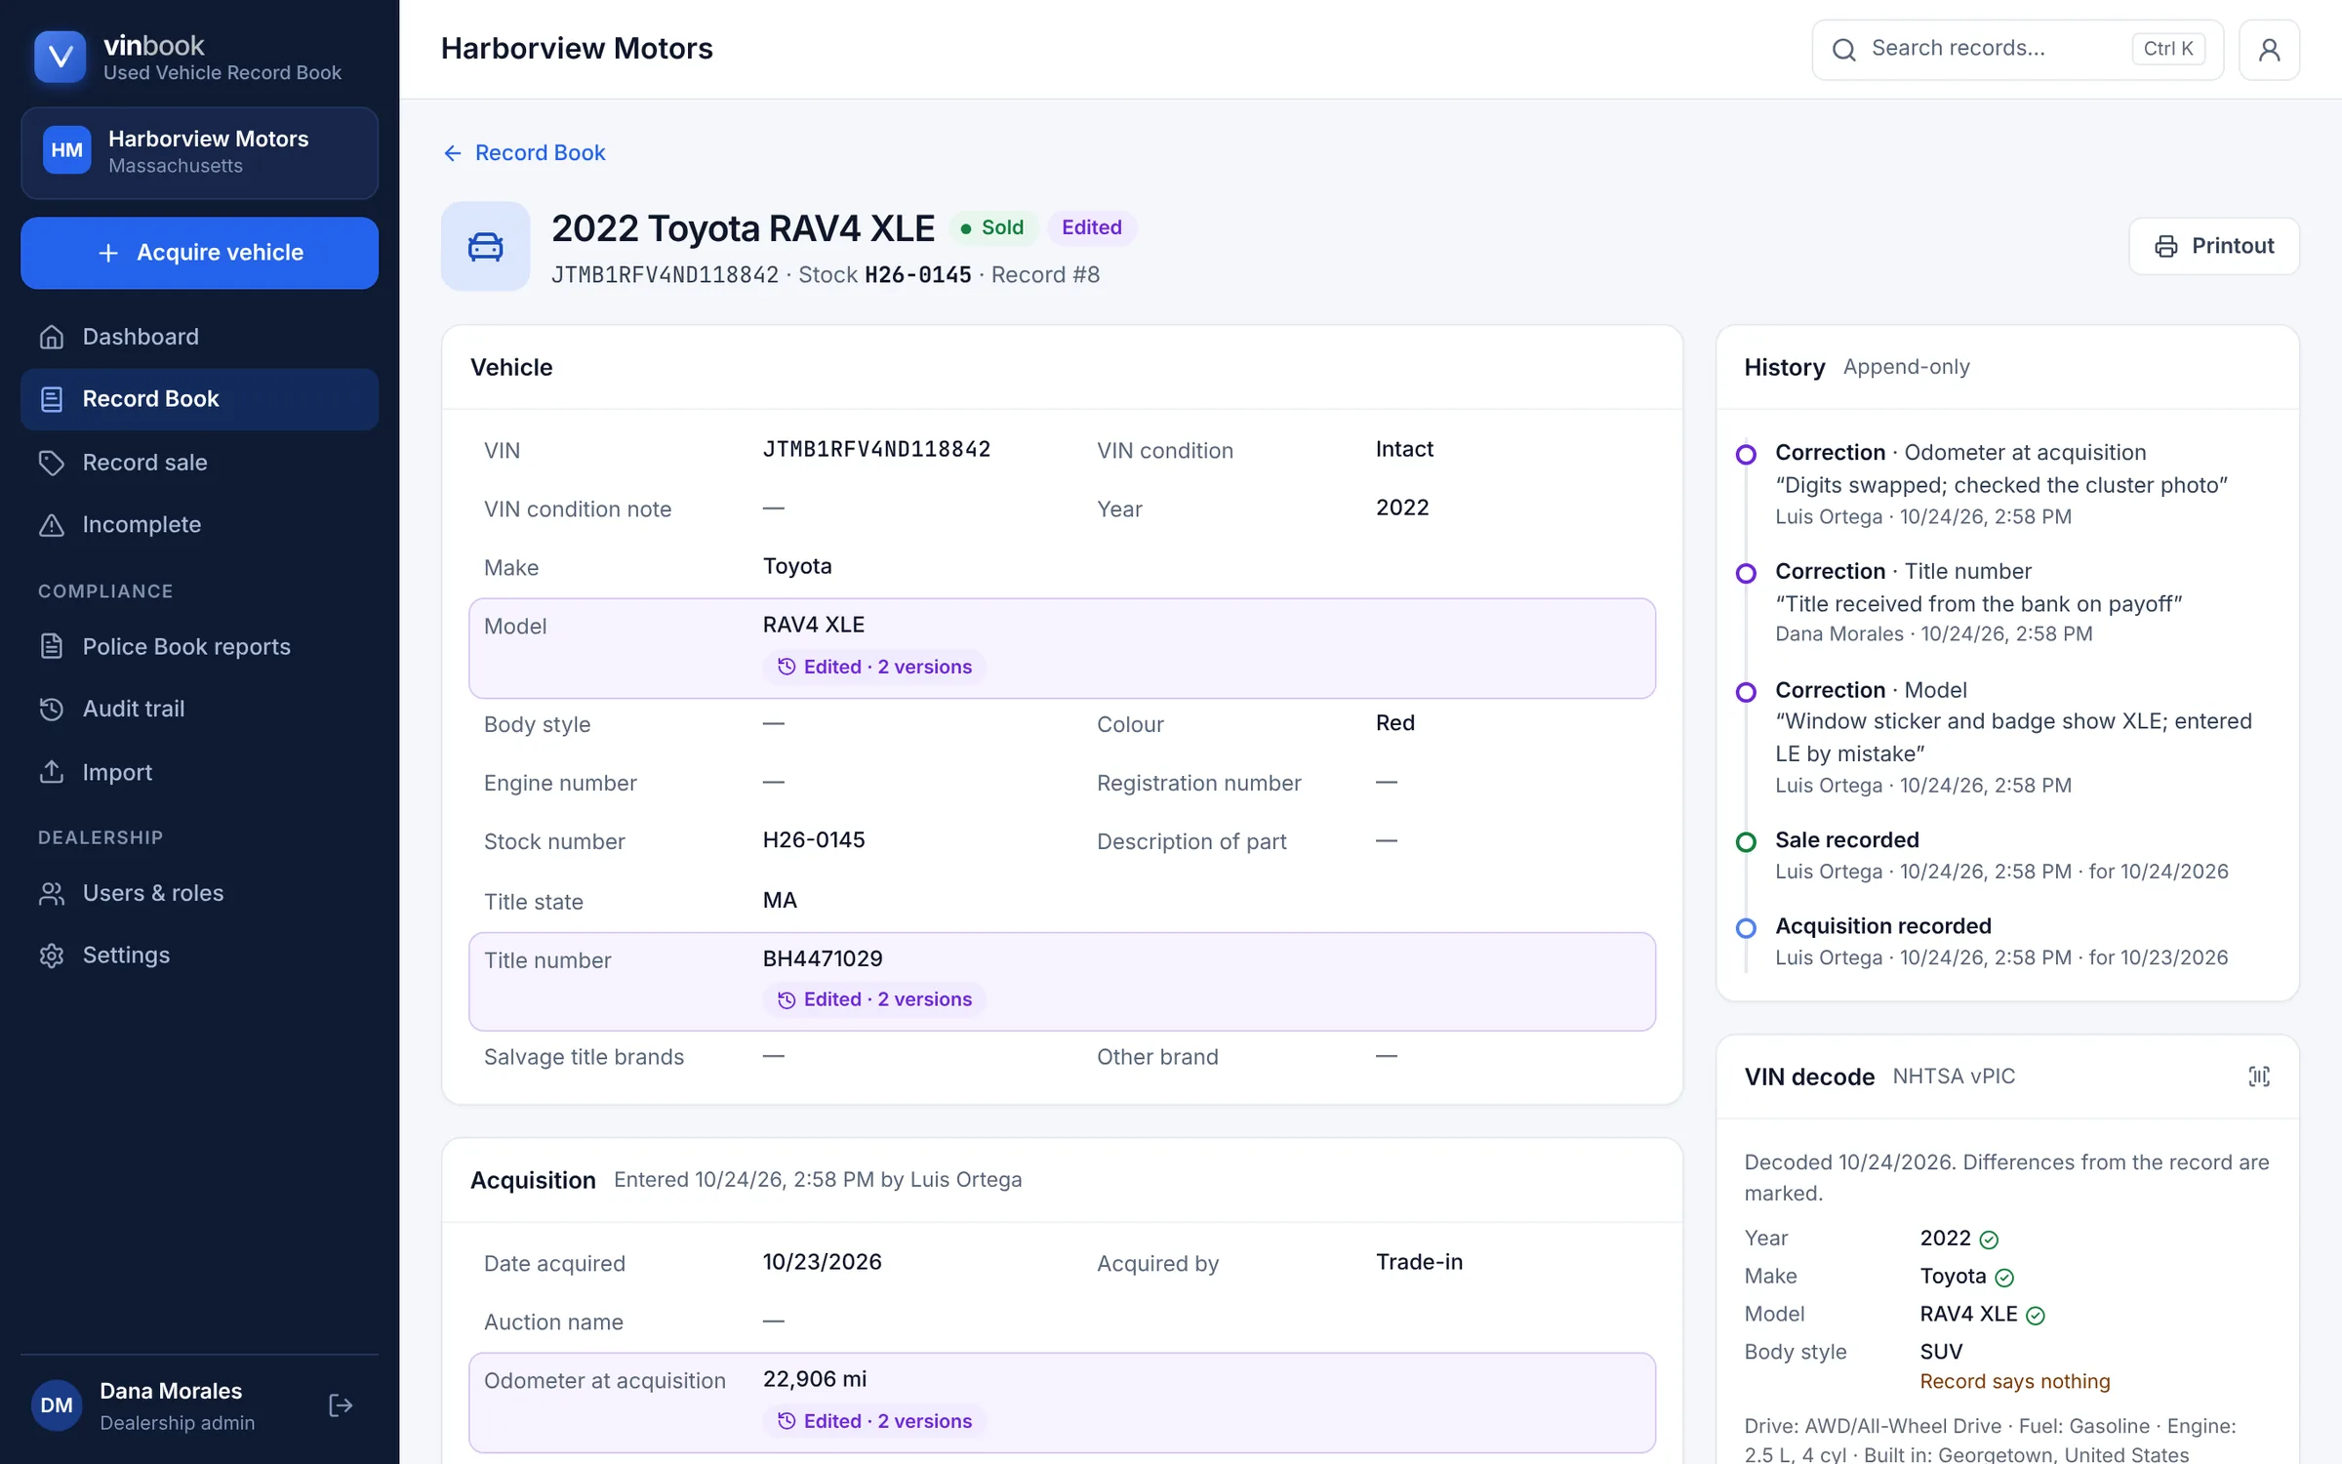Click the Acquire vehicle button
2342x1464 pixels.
click(x=199, y=253)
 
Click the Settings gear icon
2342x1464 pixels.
click(x=52, y=956)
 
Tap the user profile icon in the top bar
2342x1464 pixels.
click(x=2269, y=49)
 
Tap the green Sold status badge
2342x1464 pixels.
click(x=991, y=227)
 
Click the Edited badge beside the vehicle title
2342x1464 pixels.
click(x=1092, y=227)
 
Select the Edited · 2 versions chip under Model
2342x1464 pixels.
click(x=874, y=667)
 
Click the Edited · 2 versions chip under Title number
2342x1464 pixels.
click(x=874, y=999)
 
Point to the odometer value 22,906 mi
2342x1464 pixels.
click(x=815, y=1379)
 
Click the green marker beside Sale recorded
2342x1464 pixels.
click(x=1746, y=842)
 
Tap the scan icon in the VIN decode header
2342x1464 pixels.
click(x=2258, y=1077)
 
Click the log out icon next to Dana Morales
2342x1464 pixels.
click(x=341, y=1405)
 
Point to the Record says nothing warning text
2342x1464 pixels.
click(x=2015, y=1382)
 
